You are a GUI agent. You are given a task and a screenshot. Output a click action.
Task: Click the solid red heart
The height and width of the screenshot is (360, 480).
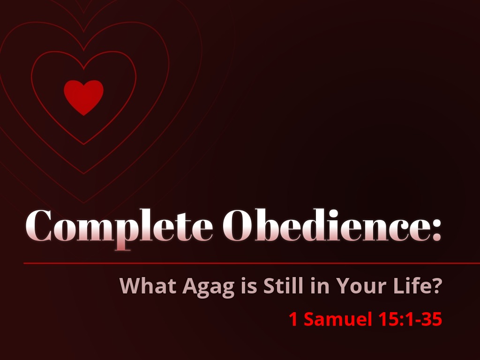click(x=83, y=96)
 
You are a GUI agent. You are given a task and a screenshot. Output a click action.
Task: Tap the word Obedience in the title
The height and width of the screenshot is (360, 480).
click(x=319, y=226)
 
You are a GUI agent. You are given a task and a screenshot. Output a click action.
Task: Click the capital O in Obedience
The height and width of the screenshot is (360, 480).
click(x=236, y=225)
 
